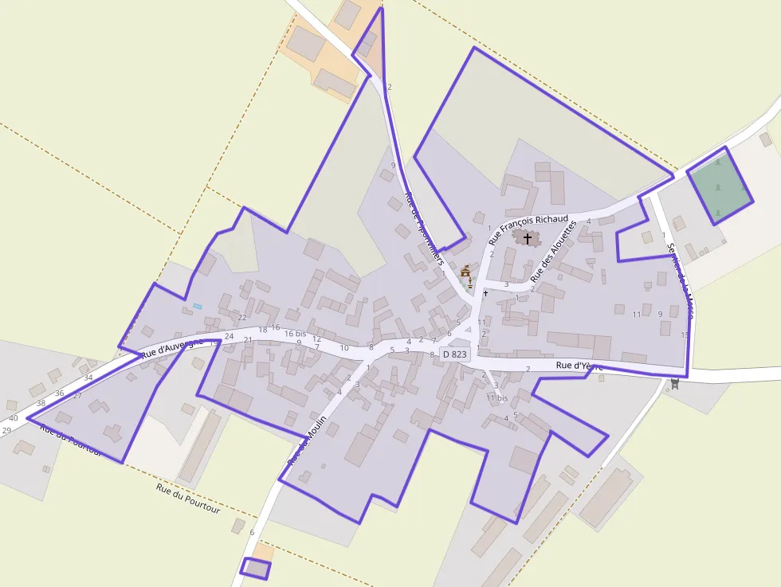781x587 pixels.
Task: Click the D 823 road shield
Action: pos(454,354)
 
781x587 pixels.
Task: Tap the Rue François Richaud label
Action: pos(528,228)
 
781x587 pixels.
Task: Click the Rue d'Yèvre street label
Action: pos(579,366)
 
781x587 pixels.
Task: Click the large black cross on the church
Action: pos(527,238)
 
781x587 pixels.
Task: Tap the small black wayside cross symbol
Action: pos(485,292)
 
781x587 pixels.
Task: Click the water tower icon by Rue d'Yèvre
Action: pos(675,384)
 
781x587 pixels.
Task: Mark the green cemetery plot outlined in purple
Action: pos(720,186)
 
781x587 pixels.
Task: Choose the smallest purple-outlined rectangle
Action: pos(256,569)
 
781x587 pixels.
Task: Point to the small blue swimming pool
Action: pos(197,307)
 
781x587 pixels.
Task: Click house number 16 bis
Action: pos(295,334)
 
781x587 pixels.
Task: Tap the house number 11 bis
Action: pos(496,397)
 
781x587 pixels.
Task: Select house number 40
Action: pos(13,418)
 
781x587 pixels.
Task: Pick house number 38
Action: pos(41,403)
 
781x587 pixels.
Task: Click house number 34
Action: pos(88,378)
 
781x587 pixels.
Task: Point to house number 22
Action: pos(242,318)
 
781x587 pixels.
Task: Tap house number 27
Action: pos(77,396)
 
